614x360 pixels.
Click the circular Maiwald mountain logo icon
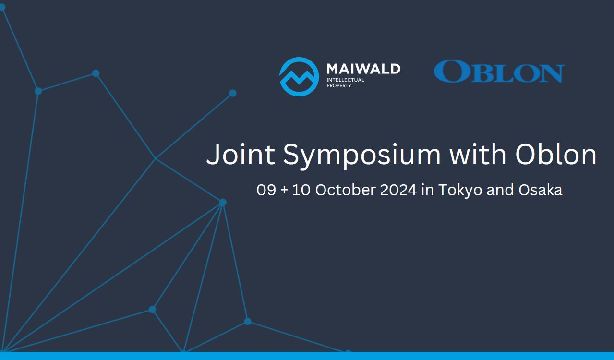coord(299,77)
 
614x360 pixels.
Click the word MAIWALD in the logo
coord(363,69)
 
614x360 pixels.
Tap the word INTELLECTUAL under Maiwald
coord(345,80)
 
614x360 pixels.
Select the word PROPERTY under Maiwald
coord(339,86)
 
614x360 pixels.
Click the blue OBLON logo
coord(499,71)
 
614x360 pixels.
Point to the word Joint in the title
coord(241,154)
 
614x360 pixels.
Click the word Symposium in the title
coord(362,156)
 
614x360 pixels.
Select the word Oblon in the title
coord(556,154)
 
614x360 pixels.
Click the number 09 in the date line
coord(266,190)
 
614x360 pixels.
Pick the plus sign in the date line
coord(285,191)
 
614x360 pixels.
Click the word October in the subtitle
coord(345,190)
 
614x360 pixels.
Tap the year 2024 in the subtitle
coord(398,190)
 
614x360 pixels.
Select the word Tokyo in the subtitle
coord(460,191)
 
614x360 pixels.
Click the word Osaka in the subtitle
coord(540,190)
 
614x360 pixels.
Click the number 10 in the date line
coord(301,190)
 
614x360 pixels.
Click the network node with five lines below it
coord(223,203)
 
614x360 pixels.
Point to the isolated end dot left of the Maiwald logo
coord(233,93)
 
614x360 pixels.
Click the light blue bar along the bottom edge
coord(307,356)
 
